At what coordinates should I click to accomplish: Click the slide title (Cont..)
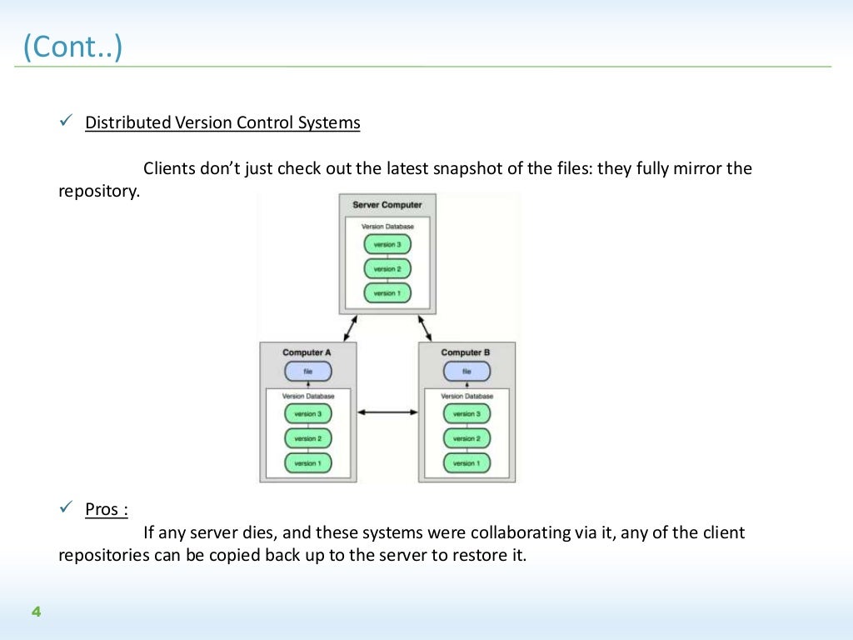[73, 47]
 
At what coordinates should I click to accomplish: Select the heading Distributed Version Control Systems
[222, 122]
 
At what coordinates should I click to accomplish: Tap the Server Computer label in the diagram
[387, 205]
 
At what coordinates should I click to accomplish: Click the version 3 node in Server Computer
[387, 245]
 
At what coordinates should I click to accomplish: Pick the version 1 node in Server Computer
[387, 293]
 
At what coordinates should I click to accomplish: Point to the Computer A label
[307, 352]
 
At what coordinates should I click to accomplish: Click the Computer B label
[466, 352]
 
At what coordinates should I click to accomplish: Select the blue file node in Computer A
[307, 372]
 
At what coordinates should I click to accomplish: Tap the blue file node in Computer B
[466, 372]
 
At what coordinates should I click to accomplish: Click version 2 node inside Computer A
[307, 438]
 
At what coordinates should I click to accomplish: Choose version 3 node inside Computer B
[466, 414]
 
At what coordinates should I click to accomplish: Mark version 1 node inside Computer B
[466, 462]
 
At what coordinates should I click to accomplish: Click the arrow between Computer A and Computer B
[387, 412]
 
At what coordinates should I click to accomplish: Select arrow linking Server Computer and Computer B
[426, 327]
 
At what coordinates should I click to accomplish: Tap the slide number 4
[36, 612]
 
